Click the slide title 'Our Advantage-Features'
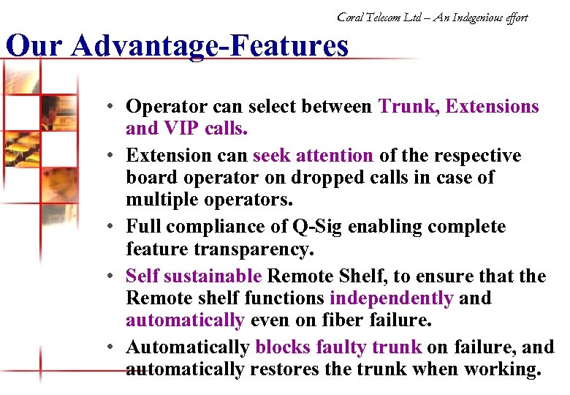(x=176, y=46)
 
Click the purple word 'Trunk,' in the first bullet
(x=409, y=107)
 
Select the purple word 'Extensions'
(x=492, y=107)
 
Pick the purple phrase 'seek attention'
(x=313, y=156)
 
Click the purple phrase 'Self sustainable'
(x=194, y=276)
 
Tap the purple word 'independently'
(x=391, y=298)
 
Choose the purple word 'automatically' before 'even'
(x=185, y=320)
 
